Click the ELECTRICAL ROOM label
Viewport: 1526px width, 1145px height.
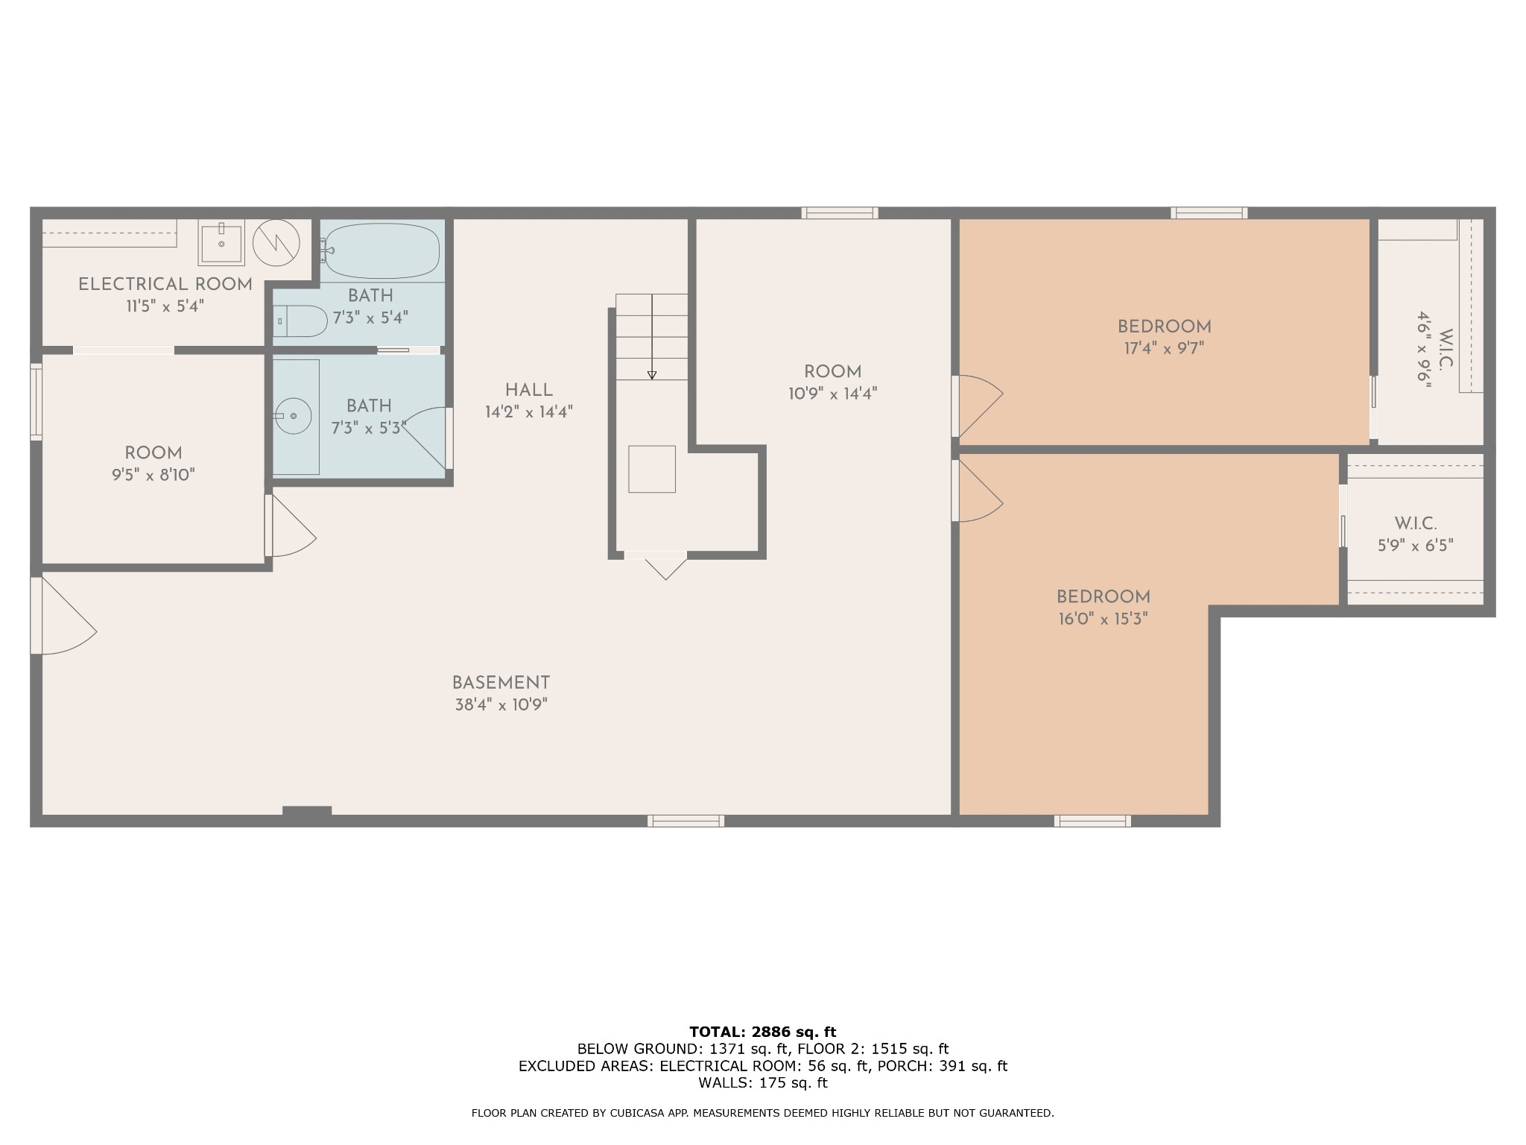(x=165, y=284)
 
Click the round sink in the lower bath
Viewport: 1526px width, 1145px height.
(x=293, y=416)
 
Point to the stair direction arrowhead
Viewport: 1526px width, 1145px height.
(x=652, y=375)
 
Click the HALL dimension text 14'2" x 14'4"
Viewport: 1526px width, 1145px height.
(x=528, y=411)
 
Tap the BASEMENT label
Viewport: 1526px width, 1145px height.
(x=501, y=683)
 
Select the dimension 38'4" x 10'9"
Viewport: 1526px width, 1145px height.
(x=501, y=704)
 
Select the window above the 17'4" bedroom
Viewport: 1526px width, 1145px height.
(x=1209, y=213)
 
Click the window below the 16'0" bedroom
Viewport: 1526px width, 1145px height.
(x=1092, y=821)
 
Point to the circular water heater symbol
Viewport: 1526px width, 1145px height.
(x=276, y=242)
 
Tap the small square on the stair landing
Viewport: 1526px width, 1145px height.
(x=652, y=469)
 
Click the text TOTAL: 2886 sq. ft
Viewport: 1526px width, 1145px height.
(x=762, y=1032)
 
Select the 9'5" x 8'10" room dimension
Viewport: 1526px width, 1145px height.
(x=153, y=475)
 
